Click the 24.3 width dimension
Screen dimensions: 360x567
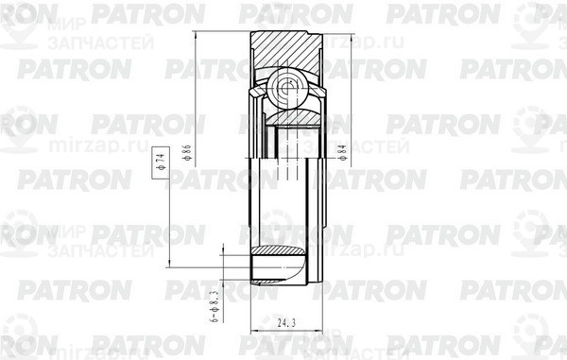coord(281,322)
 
